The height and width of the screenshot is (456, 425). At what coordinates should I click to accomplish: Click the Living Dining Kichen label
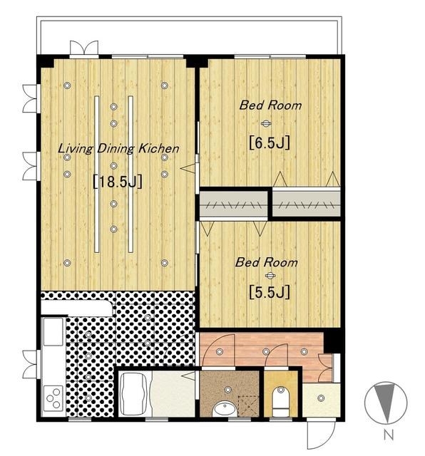(x=118, y=149)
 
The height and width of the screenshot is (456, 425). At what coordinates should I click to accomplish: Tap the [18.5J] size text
(x=118, y=182)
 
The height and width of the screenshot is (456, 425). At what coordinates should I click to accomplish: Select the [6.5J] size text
(x=270, y=142)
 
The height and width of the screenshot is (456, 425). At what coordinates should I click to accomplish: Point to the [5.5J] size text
(x=270, y=292)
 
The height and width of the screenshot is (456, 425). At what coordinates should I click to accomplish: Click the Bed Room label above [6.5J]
(x=270, y=105)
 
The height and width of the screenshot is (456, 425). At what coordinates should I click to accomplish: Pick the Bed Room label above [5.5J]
(x=266, y=262)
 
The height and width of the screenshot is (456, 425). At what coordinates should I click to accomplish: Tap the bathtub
(x=134, y=394)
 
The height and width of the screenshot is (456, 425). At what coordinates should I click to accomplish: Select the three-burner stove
(x=53, y=398)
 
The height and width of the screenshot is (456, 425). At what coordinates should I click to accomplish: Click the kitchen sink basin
(x=53, y=331)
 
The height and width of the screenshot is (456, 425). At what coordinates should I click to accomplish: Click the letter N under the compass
(x=388, y=435)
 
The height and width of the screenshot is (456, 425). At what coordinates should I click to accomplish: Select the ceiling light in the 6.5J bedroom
(x=266, y=124)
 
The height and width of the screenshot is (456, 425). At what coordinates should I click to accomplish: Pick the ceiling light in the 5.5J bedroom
(x=270, y=276)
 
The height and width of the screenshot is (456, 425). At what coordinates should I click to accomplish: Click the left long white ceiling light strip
(x=97, y=174)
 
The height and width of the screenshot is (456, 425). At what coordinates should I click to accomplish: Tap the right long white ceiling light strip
(x=130, y=174)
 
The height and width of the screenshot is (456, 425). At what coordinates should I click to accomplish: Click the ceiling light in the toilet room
(x=281, y=390)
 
